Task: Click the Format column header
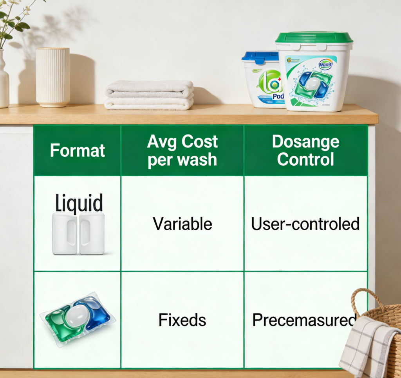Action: (x=78, y=150)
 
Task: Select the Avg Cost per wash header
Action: (x=182, y=151)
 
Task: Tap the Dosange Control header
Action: (x=305, y=151)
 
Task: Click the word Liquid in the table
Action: (x=79, y=204)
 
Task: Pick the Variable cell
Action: (x=182, y=224)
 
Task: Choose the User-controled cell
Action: (x=305, y=224)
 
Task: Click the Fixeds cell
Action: (x=182, y=320)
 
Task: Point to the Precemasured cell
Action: (x=304, y=320)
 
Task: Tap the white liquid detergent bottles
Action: (x=78, y=233)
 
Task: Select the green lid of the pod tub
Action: (x=314, y=38)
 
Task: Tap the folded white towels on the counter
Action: (x=149, y=95)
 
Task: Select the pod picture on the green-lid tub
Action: (x=313, y=84)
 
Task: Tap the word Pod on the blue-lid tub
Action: (x=276, y=97)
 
